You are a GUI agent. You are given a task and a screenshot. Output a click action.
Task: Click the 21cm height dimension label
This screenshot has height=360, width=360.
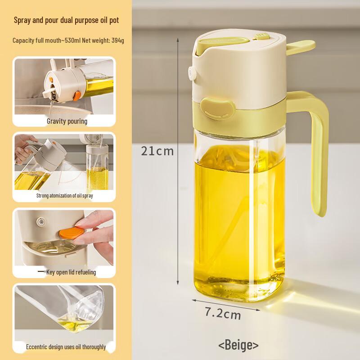(157, 151)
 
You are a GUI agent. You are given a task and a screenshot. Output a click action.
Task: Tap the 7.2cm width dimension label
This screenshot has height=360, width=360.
(223, 313)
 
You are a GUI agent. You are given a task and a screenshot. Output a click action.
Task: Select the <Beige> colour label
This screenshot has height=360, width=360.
(238, 345)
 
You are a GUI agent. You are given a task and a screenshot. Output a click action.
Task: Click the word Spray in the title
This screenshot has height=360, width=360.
(22, 20)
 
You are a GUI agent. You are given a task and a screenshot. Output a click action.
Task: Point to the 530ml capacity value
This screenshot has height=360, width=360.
(71, 40)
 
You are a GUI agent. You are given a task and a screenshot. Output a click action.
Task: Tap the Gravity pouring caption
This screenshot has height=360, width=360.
(67, 121)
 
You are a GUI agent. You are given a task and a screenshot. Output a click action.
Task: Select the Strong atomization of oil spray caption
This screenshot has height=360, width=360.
(65, 196)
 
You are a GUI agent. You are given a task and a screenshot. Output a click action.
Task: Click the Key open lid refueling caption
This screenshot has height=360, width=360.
(71, 272)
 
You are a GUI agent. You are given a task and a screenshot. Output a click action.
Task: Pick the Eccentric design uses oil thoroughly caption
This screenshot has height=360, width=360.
(66, 346)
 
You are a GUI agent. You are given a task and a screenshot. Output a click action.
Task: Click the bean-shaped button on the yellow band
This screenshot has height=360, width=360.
(218, 108)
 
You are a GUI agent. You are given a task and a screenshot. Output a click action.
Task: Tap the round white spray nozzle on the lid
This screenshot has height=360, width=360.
(192, 73)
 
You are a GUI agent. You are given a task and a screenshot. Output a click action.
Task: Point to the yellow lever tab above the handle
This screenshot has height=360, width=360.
(300, 47)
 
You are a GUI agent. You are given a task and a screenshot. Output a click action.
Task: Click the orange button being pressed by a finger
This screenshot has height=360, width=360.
(72, 233)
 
